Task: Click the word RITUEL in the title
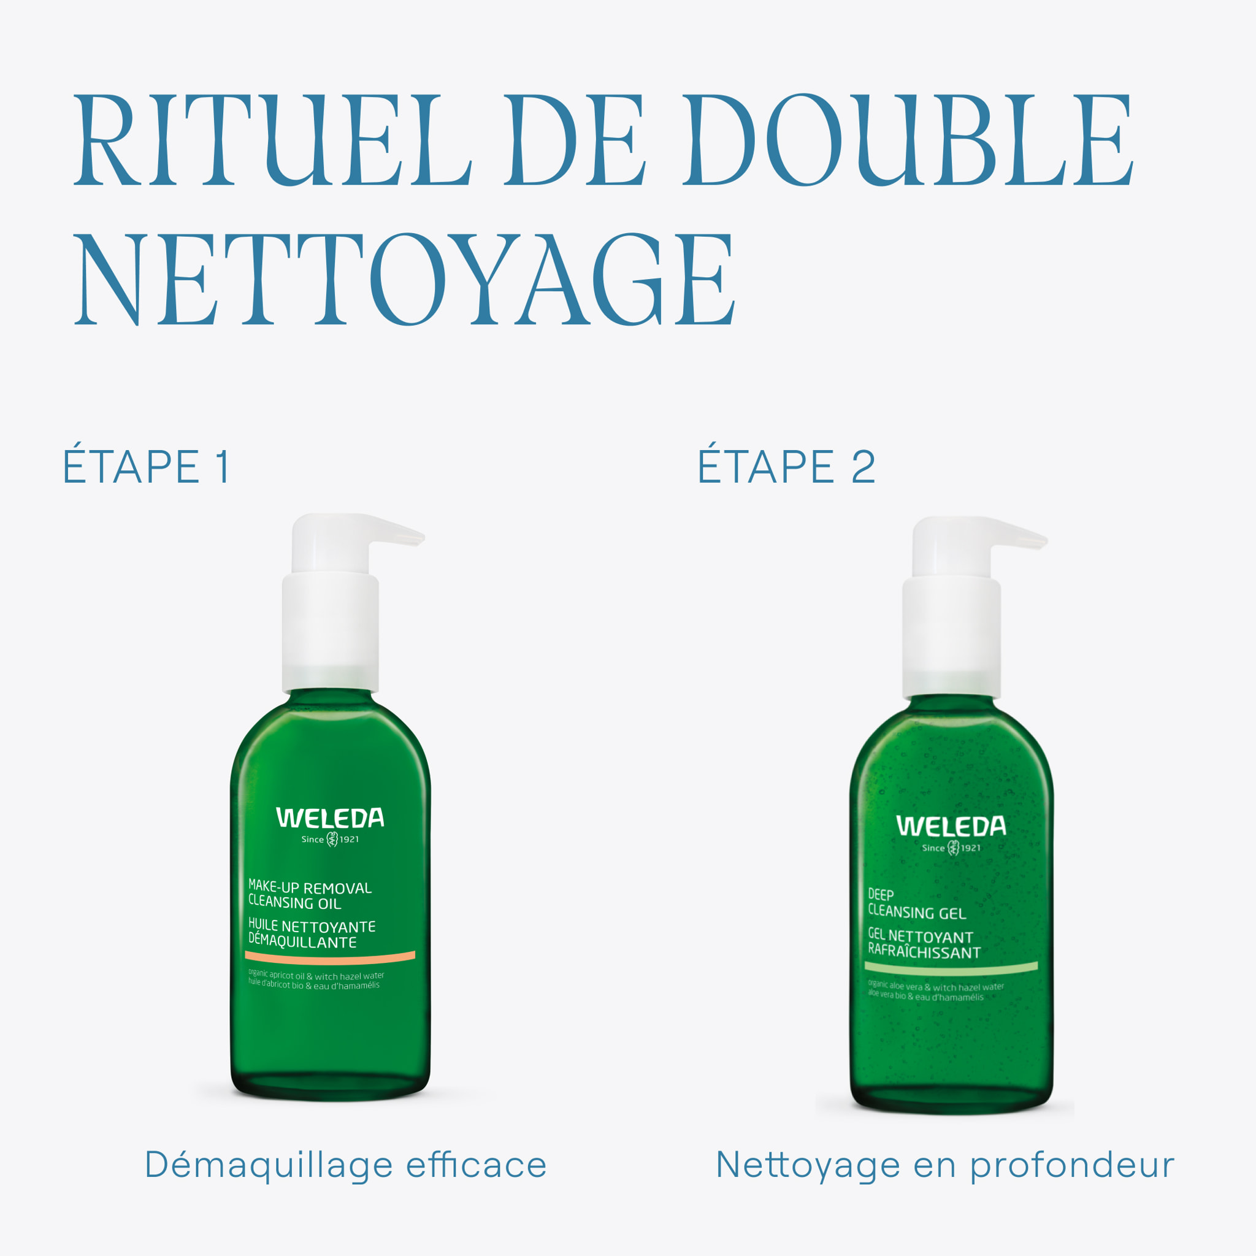tap(272, 140)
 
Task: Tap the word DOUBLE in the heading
tap(907, 140)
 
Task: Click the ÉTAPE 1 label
tap(147, 467)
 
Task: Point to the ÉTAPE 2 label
tap(786, 467)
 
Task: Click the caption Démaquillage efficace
tap(345, 1165)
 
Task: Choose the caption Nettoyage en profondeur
tap(944, 1165)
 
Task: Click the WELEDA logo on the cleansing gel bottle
tap(951, 826)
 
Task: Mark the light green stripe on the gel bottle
tap(951, 967)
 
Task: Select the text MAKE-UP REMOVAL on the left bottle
tap(310, 887)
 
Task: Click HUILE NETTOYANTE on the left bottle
tap(312, 925)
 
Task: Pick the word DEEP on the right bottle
tap(881, 895)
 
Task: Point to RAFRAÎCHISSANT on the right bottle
tap(924, 952)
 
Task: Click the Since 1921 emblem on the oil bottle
tap(331, 840)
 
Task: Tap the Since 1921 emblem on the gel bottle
tap(952, 848)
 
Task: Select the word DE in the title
tap(575, 140)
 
